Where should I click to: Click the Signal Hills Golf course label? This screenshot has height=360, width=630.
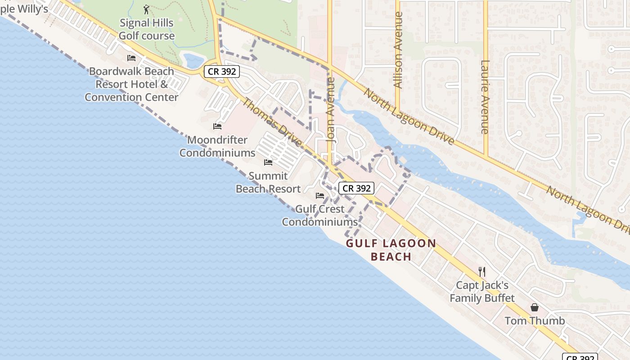pos(147,29)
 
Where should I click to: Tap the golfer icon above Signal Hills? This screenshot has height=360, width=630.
pos(146,9)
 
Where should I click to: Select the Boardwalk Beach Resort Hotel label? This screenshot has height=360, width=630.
pos(131,84)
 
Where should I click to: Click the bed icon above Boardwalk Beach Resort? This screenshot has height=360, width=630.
pos(131,58)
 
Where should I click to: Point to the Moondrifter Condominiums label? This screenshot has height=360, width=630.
pos(217,146)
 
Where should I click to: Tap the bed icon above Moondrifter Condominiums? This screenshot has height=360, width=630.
pos(217,126)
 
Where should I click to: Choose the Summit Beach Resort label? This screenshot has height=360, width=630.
pos(268,182)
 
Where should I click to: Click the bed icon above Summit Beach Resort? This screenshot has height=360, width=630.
pos(268,162)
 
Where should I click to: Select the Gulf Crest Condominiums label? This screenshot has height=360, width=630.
pos(320,216)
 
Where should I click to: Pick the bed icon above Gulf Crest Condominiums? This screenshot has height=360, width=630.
pos(320,196)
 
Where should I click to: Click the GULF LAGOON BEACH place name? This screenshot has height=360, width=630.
pos(391,250)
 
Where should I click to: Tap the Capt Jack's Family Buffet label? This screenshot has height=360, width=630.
pos(482,292)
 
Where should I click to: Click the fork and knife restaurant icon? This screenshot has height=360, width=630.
pos(482,272)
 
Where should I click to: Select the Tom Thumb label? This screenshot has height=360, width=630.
pos(535,321)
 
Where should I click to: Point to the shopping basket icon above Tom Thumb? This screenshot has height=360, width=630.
pos(535,308)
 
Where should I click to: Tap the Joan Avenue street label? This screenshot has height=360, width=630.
pos(331,110)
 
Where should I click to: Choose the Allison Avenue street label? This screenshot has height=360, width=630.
pos(397,49)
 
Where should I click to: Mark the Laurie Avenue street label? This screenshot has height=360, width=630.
pos(485,97)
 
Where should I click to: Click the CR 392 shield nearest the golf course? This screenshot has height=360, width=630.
pos(221,71)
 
